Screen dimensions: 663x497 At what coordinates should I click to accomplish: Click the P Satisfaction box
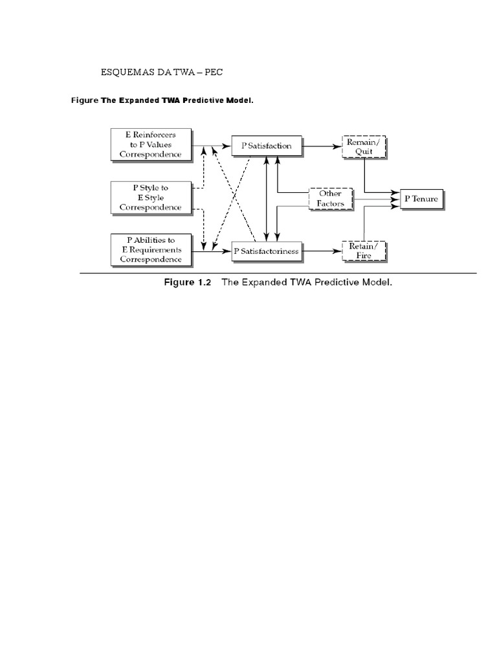[x=267, y=146]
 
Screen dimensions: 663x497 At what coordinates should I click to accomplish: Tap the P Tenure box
[x=421, y=199]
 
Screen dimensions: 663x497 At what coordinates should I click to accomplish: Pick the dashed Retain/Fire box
[x=363, y=251]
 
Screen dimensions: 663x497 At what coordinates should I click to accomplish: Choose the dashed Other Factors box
[x=330, y=199]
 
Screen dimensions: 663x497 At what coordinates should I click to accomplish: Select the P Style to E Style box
[x=151, y=197]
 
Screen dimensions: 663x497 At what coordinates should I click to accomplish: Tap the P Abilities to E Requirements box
[x=151, y=250]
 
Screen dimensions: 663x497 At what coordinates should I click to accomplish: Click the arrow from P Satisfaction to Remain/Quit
[x=321, y=146]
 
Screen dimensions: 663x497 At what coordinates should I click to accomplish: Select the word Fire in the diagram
[x=363, y=256]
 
